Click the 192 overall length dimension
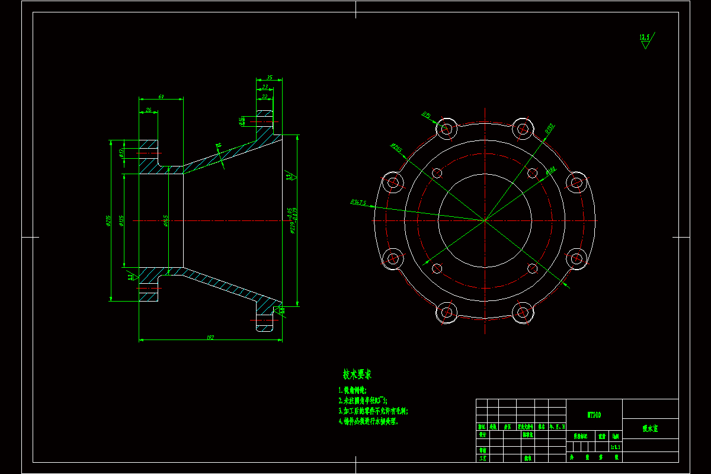(210, 337)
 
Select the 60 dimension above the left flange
(161, 97)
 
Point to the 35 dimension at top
(269, 77)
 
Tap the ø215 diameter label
(108, 220)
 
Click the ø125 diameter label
(121, 220)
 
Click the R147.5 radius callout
(358, 202)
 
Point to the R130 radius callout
(550, 127)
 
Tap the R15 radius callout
(425, 114)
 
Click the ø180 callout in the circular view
(550, 171)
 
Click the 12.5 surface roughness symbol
(645, 38)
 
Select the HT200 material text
(594, 415)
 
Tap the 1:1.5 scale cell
(615, 446)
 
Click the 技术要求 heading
(357, 374)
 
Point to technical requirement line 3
(373, 410)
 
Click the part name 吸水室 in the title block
(651, 428)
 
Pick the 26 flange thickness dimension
(148, 110)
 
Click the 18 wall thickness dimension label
(218, 144)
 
